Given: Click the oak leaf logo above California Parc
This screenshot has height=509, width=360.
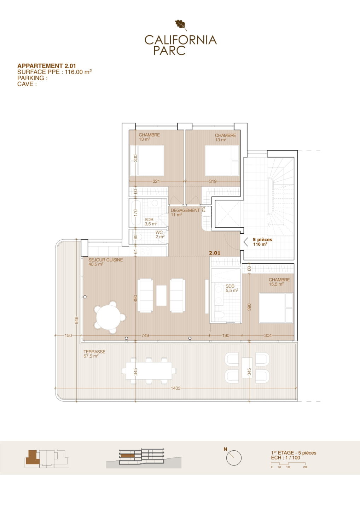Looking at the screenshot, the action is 181,25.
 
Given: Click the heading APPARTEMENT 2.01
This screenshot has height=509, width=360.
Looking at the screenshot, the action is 47,66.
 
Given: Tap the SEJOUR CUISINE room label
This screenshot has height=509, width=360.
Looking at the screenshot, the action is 106,260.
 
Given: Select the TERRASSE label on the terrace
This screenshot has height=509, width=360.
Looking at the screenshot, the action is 94,352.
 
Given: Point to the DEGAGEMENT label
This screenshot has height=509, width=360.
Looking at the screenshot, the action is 185,210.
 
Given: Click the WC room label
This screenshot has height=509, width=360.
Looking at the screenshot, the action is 159,233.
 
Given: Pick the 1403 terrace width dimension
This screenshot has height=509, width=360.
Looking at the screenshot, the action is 175,388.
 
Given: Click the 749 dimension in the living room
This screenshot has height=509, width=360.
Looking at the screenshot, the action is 145,335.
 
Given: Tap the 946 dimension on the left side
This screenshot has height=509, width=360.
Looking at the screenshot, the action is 77,320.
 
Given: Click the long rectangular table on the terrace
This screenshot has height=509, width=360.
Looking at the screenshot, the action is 149,371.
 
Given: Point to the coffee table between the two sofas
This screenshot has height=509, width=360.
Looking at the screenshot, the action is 161,296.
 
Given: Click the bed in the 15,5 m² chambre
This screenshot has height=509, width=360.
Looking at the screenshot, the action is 276,308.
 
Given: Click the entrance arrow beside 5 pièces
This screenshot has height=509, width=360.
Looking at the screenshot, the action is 245,242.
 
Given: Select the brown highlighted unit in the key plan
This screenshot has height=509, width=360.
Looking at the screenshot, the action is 32,457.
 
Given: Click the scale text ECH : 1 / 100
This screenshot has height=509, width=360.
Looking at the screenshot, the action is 285,458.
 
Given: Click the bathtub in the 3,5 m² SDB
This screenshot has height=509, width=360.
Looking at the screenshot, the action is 135,213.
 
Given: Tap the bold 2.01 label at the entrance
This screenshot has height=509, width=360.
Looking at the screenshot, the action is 215,253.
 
